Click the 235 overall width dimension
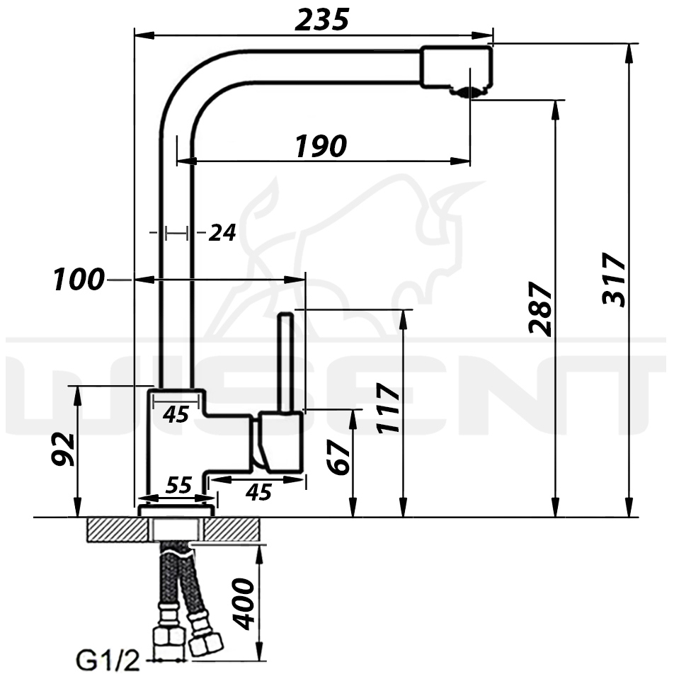point(321,21)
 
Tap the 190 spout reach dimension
point(321,146)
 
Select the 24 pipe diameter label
point(222,233)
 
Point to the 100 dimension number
point(79,279)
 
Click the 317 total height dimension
point(615,279)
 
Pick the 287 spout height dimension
point(540,309)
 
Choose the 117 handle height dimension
point(388,408)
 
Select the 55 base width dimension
point(179,486)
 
